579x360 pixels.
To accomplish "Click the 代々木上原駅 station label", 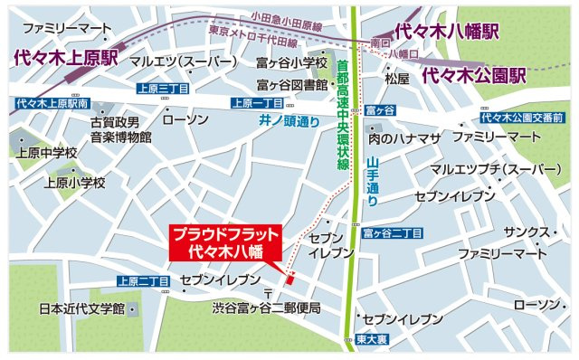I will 66,60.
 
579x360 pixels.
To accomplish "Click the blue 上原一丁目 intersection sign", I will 258,102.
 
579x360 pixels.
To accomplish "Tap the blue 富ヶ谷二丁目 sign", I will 393,233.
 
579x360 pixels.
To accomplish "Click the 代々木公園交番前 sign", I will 522,118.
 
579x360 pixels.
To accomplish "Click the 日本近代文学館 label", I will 81,309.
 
